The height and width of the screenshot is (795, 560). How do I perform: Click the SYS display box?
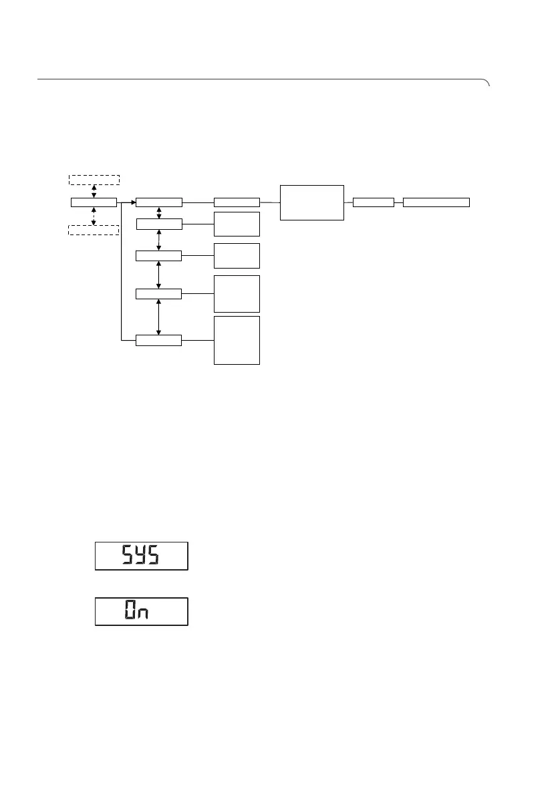(142, 556)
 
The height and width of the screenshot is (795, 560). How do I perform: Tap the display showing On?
(142, 611)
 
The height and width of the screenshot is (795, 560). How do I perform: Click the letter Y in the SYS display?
(141, 556)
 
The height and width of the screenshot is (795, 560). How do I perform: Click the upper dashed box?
(94, 179)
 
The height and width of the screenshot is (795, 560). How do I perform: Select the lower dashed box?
(94, 230)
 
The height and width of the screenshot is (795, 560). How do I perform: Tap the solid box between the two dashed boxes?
(94, 202)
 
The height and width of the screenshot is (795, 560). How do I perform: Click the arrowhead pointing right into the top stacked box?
(132, 202)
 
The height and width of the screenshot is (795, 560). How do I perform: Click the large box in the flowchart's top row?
(312, 202)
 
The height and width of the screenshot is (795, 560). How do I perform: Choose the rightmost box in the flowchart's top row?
(436, 202)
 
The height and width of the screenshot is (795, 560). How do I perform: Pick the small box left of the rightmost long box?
(373, 202)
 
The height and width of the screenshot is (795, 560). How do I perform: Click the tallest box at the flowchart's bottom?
(237, 340)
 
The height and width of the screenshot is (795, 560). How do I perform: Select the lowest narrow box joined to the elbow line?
(158, 341)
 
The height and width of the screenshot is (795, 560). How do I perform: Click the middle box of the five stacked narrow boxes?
(158, 255)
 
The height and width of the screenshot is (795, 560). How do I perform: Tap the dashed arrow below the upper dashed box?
(94, 190)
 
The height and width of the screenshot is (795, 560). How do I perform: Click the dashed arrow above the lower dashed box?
(94, 216)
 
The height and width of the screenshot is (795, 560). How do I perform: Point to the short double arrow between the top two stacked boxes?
(158, 212)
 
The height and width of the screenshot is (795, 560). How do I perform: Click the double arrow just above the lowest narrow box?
(158, 317)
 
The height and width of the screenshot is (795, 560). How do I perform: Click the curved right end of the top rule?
(487, 82)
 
